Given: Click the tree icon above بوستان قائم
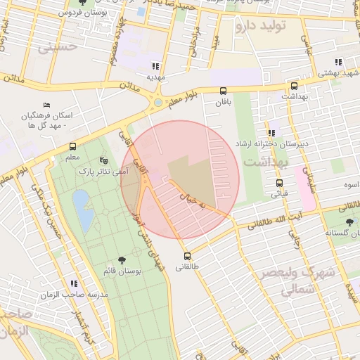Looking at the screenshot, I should pyautogui.click(x=122, y=260).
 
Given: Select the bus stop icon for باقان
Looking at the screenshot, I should pyautogui.click(x=224, y=91).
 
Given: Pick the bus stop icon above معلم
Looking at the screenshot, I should pyautogui.click(x=72, y=147).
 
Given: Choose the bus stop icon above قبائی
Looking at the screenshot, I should pyautogui.click(x=279, y=184).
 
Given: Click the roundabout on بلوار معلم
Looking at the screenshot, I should pyautogui.click(x=157, y=103).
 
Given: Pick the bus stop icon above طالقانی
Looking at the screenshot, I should pyautogui.click(x=187, y=256).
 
